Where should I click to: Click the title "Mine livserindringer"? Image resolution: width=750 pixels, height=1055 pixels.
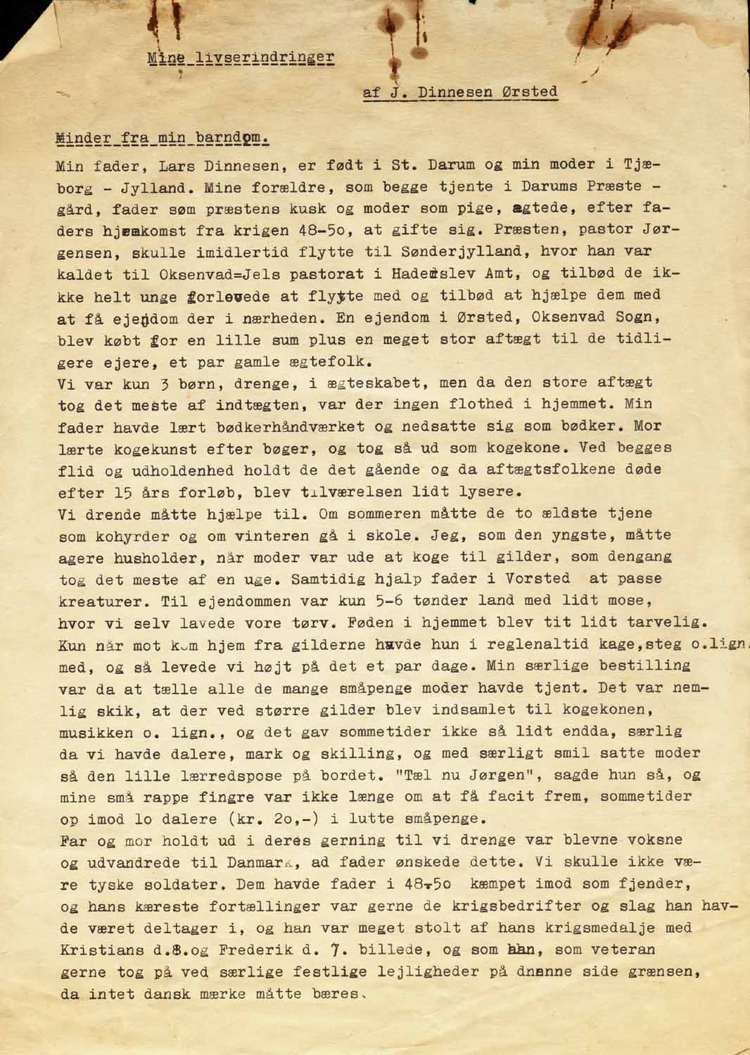[x=241, y=58]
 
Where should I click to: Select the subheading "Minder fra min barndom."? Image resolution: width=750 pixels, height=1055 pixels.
[x=162, y=138]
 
